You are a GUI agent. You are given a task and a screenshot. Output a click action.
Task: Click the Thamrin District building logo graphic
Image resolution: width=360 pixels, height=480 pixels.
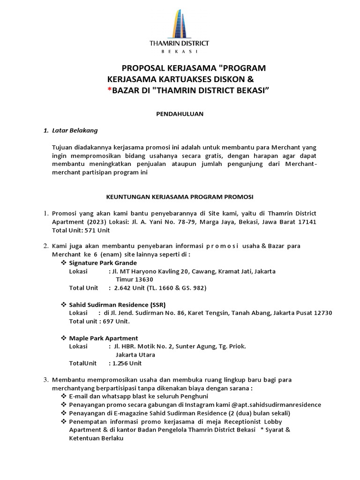[x=180, y=22]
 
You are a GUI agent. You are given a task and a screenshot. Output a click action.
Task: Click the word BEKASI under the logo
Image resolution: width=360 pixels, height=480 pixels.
[x=180, y=52]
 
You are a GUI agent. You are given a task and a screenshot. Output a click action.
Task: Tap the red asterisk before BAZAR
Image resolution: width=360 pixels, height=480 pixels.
[x=109, y=89]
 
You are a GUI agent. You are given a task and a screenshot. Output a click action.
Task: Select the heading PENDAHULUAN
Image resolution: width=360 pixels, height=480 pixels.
[x=180, y=114]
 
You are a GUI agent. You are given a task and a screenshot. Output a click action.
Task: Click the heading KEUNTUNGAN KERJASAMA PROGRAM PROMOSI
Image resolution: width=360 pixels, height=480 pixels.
[x=180, y=196]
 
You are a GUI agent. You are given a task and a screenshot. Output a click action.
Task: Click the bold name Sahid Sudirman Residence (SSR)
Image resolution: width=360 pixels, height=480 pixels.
[x=117, y=305]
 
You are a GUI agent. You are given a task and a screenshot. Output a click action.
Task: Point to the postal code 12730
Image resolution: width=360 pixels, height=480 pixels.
[x=322, y=313]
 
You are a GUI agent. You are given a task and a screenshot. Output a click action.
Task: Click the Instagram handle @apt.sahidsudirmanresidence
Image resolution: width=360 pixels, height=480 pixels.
[x=276, y=405]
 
